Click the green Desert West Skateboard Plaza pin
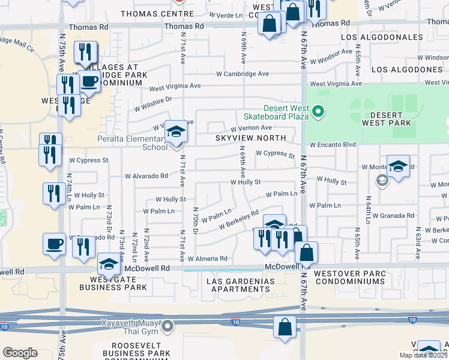[x=319, y=111]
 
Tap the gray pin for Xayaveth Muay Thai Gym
[x=168, y=327]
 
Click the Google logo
[x=20, y=353]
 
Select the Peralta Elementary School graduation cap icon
[x=176, y=133]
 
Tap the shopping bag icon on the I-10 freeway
[x=285, y=328]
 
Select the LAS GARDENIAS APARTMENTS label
[x=240, y=285]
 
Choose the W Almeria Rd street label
[x=208, y=259]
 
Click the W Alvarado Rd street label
[x=146, y=176]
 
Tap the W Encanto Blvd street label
[x=333, y=145]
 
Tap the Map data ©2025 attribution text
[x=423, y=355]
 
